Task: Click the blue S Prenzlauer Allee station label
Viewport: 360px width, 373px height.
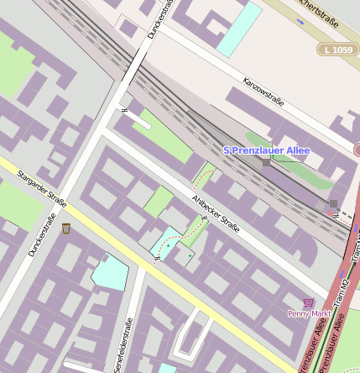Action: pos(266,150)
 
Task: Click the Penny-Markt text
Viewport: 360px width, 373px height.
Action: pos(308,313)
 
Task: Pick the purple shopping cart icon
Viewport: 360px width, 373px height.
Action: pos(309,302)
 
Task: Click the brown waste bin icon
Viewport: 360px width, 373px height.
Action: pos(66,228)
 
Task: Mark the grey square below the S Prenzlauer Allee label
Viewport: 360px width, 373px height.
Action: pos(266,162)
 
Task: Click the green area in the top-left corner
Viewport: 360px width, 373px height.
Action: pos(13,63)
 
